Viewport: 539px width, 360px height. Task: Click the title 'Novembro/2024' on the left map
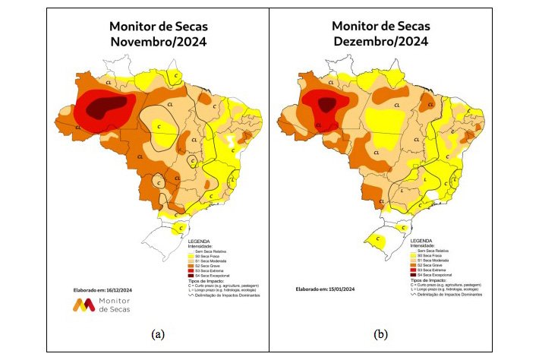[x=159, y=42]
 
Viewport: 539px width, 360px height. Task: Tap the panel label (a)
[x=158, y=333]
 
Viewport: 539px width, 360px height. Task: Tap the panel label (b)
[x=380, y=333]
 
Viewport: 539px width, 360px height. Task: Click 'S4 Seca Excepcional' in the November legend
[x=213, y=275]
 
